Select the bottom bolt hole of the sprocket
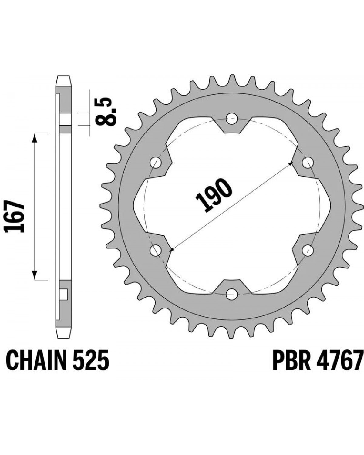[232, 294]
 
